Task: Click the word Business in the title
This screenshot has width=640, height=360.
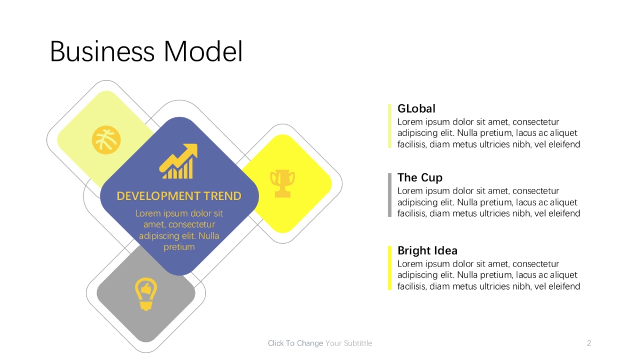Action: pos(102,52)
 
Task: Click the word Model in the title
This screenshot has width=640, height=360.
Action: pos(203,52)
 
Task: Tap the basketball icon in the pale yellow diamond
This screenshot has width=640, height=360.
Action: pos(106,140)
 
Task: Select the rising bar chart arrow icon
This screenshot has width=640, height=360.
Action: pos(179,161)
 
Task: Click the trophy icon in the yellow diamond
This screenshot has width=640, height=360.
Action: pos(283,183)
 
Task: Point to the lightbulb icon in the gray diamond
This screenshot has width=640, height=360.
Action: pos(146,294)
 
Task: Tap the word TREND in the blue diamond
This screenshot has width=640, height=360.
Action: pos(222,196)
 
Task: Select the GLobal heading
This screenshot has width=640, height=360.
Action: pos(417,109)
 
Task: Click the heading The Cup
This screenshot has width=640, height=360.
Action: pos(420,178)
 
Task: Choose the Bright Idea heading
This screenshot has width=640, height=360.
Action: pos(427,251)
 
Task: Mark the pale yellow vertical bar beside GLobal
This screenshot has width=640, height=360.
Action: pos(390,126)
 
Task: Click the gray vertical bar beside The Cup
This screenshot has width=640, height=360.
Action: pos(390,195)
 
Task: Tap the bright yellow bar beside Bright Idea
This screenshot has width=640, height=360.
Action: pos(390,268)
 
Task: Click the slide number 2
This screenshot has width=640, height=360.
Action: pos(589,343)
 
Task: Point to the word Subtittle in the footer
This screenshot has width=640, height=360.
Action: pos(358,343)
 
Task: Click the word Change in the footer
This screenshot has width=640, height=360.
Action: pos(310,343)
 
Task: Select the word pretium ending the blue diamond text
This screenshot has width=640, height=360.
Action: pos(179,247)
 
